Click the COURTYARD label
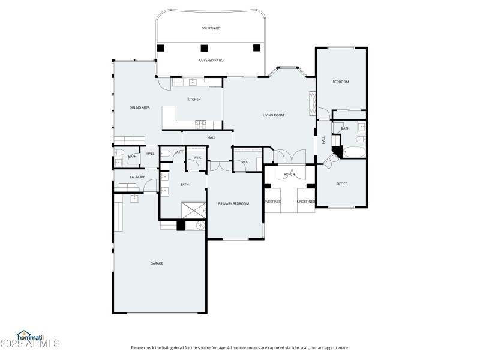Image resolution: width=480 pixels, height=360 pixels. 211,28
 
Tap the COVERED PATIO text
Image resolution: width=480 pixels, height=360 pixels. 211,60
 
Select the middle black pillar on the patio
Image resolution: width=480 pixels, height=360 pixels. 204,48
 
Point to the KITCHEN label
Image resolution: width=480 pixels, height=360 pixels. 194,99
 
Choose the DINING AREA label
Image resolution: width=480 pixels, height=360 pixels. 139,107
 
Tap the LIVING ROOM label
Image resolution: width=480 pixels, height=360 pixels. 273,115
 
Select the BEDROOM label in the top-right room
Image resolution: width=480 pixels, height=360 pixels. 341,82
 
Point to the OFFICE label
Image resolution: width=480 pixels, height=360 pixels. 342,184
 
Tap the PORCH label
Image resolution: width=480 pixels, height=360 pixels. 289,175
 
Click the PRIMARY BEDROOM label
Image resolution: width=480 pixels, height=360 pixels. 233,203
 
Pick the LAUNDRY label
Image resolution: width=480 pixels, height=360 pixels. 137,177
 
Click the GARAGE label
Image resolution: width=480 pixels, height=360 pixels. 157,263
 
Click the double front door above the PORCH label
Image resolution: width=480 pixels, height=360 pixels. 289,157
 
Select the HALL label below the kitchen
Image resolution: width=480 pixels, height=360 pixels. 211,138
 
